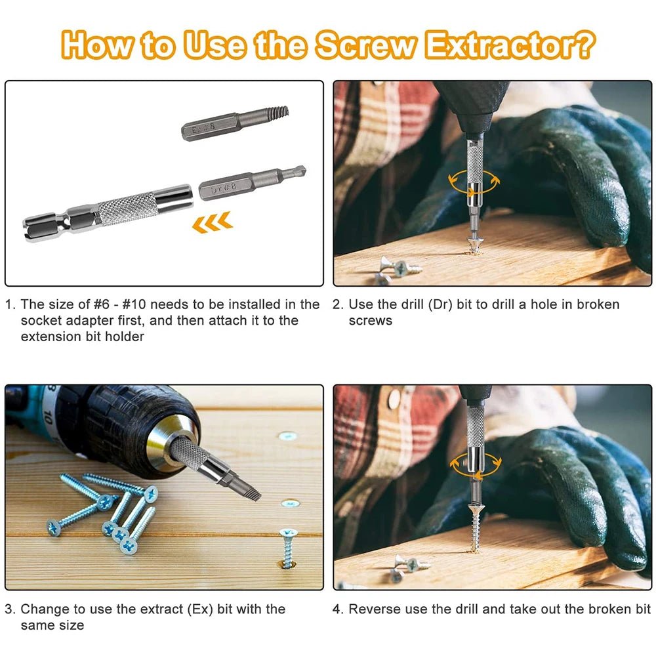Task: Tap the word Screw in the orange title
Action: (x=364, y=47)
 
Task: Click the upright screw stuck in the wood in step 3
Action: (x=287, y=547)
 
